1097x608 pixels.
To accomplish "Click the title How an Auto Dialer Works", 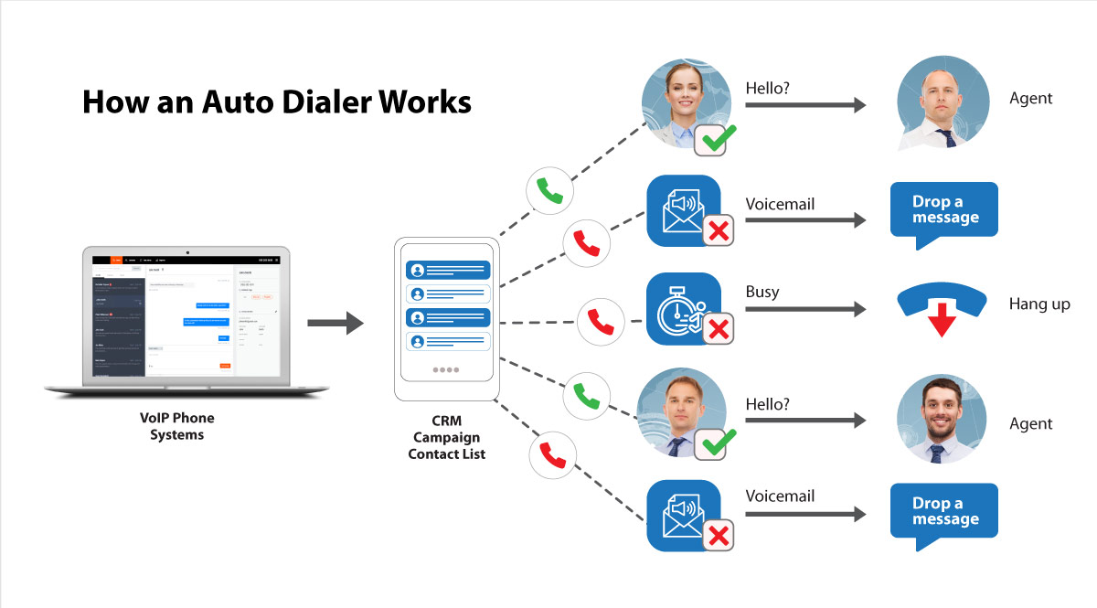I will (x=276, y=101).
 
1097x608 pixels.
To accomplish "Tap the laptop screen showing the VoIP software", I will (x=186, y=315).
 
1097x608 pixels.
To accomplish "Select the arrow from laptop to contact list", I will (x=335, y=323).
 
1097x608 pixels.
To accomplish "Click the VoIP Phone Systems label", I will (x=177, y=426).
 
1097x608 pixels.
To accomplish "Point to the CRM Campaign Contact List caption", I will (x=447, y=438).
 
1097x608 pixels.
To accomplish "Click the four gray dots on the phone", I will (x=447, y=370).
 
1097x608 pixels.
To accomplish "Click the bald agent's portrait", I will (x=942, y=101).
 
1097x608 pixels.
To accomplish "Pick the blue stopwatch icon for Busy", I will (x=681, y=309).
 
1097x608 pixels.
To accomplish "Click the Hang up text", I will (x=1039, y=304).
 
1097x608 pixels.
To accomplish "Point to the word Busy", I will (x=762, y=292).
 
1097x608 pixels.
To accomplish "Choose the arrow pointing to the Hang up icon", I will (x=804, y=310).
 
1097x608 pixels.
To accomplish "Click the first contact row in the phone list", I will (x=447, y=270).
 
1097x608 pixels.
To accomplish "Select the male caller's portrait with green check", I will (x=681, y=413).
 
